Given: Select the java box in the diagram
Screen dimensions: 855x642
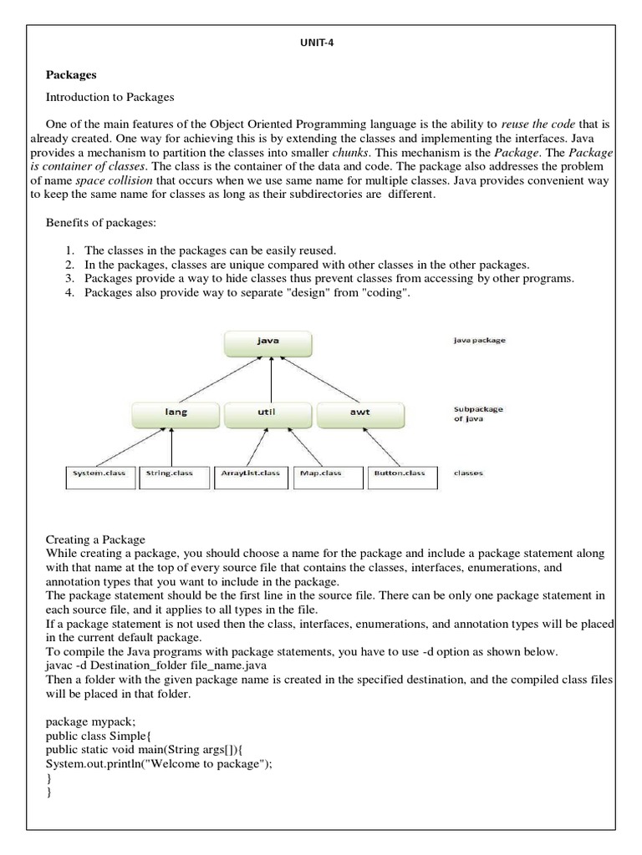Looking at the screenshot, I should [267, 341].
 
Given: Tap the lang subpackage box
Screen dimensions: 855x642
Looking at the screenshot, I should [176, 412].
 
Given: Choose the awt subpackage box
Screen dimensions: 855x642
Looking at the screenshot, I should [359, 412].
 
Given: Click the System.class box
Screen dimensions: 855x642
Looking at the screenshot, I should [99, 474].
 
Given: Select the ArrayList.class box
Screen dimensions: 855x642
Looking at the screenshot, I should [251, 474].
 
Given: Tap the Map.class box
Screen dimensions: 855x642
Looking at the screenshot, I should [328, 474].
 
